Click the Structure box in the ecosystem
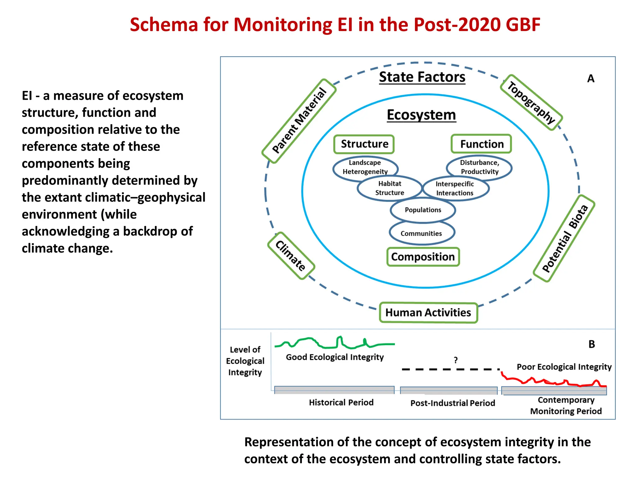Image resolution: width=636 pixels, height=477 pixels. pyautogui.click(x=364, y=144)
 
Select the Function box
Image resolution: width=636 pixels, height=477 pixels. pyautogui.click(x=481, y=144)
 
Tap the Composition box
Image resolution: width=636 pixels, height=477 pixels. pyautogui.click(x=423, y=257)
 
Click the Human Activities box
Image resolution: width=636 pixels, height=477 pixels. pyautogui.click(x=428, y=312)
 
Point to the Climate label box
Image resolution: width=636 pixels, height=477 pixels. pyautogui.click(x=291, y=256)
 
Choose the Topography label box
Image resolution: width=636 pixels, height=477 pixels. pyautogui.click(x=531, y=102)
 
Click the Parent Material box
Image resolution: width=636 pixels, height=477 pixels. pyautogui.click(x=299, y=121)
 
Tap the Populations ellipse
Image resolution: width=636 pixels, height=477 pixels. pyautogui.click(x=423, y=210)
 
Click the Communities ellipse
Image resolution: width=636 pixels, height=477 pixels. pyautogui.click(x=421, y=234)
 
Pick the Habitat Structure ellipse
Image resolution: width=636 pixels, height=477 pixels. pyautogui.click(x=390, y=188)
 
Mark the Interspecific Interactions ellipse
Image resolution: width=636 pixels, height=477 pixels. pyautogui.click(x=455, y=189)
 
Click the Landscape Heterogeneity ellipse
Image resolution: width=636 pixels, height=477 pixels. pyautogui.click(x=365, y=167)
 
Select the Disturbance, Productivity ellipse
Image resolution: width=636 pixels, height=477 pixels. pyautogui.click(x=479, y=167)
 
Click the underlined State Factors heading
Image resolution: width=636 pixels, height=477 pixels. pyautogui.click(x=422, y=77)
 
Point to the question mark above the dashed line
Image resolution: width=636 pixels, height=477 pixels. pyautogui.click(x=456, y=360)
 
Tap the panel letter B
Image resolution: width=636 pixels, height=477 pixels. pyautogui.click(x=592, y=344)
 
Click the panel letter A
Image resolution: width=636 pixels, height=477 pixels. pyautogui.click(x=591, y=79)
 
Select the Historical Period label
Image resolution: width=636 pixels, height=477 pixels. pyautogui.click(x=341, y=402)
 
